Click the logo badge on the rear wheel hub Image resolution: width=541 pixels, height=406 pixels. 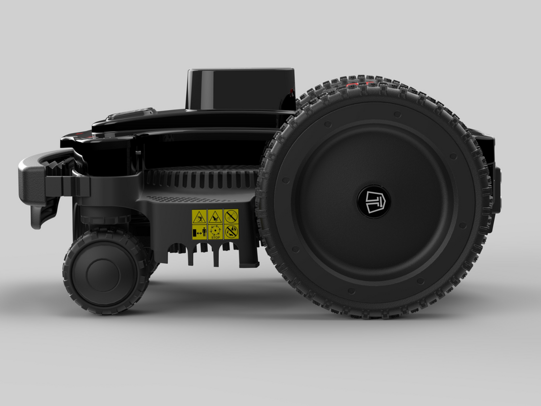click(x=373, y=202)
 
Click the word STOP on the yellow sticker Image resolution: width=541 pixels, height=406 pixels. click(x=215, y=238)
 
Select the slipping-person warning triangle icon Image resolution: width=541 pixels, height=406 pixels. click(x=199, y=217)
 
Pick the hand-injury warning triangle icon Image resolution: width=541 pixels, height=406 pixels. click(x=215, y=217)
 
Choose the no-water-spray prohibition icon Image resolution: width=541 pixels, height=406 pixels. click(x=231, y=216)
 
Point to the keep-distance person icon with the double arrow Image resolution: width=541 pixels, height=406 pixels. click(x=199, y=232)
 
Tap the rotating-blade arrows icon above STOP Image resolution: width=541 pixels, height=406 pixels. click(x=215, y=230)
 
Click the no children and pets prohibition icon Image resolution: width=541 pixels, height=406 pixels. click(x=231, y=231)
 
